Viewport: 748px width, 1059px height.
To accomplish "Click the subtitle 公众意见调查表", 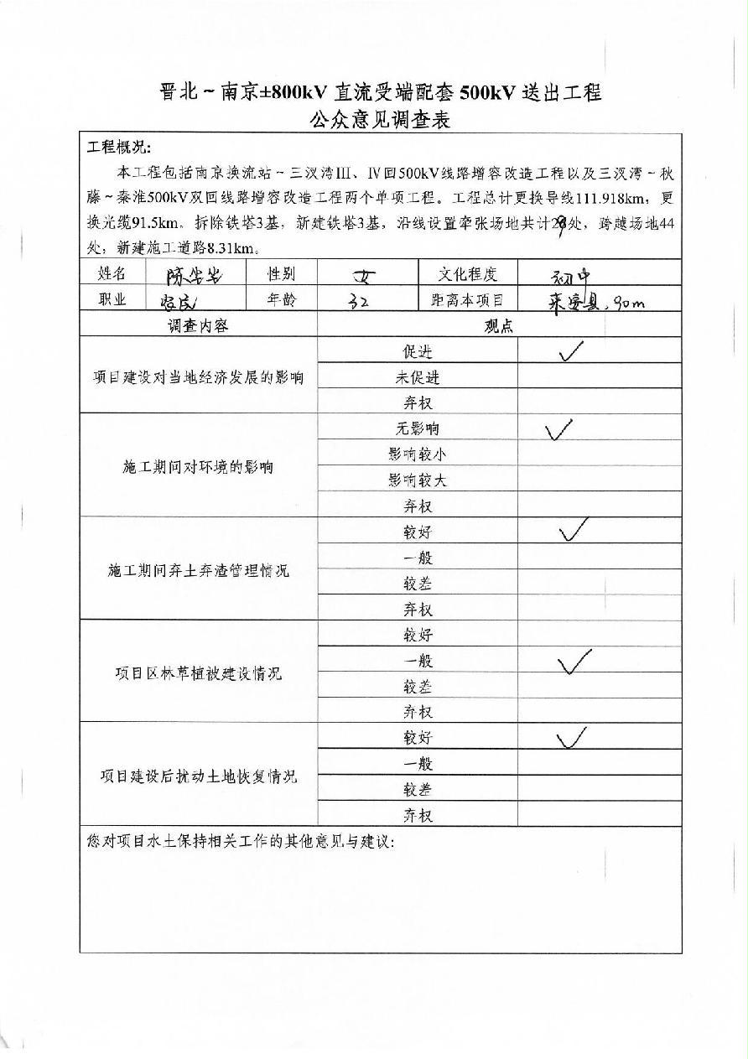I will [380, 120].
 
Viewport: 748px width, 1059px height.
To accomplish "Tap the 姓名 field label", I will [113, 273].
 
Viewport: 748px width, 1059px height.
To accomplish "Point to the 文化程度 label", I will [467, 273].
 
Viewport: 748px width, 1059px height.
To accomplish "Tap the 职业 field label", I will [113, 299].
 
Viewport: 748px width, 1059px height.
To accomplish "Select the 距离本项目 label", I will [467, 299].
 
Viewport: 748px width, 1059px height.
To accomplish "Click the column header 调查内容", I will [198, 325].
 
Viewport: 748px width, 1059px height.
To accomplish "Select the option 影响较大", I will [417, 480].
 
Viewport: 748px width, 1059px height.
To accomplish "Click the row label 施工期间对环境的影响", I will [198, 467].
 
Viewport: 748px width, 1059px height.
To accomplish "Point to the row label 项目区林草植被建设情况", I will [198, 673].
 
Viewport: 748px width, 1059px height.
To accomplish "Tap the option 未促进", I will [417, 377].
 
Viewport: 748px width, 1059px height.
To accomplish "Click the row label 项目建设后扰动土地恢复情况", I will [198, 776].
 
